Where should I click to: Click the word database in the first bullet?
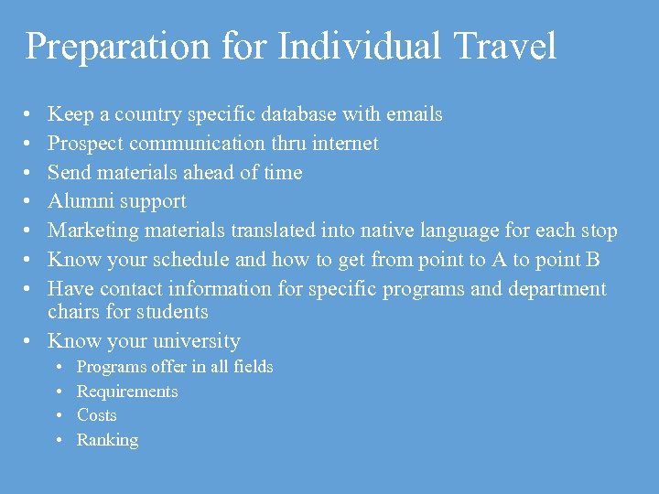[298, 114]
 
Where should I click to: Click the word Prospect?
[85, 144]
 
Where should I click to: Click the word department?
[558, 289]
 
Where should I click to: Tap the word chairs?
[74, 312]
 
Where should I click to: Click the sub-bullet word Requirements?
[127, 392]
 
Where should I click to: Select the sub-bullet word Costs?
[97, 415]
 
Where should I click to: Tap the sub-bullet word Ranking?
[107, 440]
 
